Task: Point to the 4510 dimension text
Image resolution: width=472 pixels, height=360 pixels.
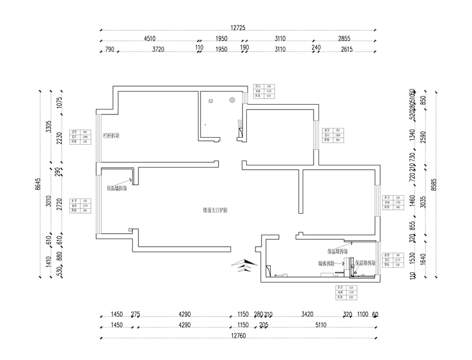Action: tap(150, 38)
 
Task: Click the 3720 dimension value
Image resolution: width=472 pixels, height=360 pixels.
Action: tap(158, 49)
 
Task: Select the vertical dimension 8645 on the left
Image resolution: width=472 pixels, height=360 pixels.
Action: tap(38, 184)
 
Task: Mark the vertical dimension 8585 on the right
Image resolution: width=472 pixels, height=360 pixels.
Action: tap(432, 185)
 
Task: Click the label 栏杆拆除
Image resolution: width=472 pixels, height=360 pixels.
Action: tap(111, 136)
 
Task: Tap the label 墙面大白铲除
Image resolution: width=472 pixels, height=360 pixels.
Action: tap(215, 209)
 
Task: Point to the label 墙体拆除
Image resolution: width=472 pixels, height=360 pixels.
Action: tap(326, 263)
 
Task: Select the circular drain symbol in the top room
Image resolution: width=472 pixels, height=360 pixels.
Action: tap(232, 100)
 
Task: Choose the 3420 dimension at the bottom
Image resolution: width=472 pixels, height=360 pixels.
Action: tap(307, 314)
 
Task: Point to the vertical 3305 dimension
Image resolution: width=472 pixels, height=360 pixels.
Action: tap(48, 128)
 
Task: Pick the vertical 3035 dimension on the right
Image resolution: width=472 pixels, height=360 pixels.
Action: tap(423, 203)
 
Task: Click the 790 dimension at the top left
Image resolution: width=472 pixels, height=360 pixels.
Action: tap(109, 49)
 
